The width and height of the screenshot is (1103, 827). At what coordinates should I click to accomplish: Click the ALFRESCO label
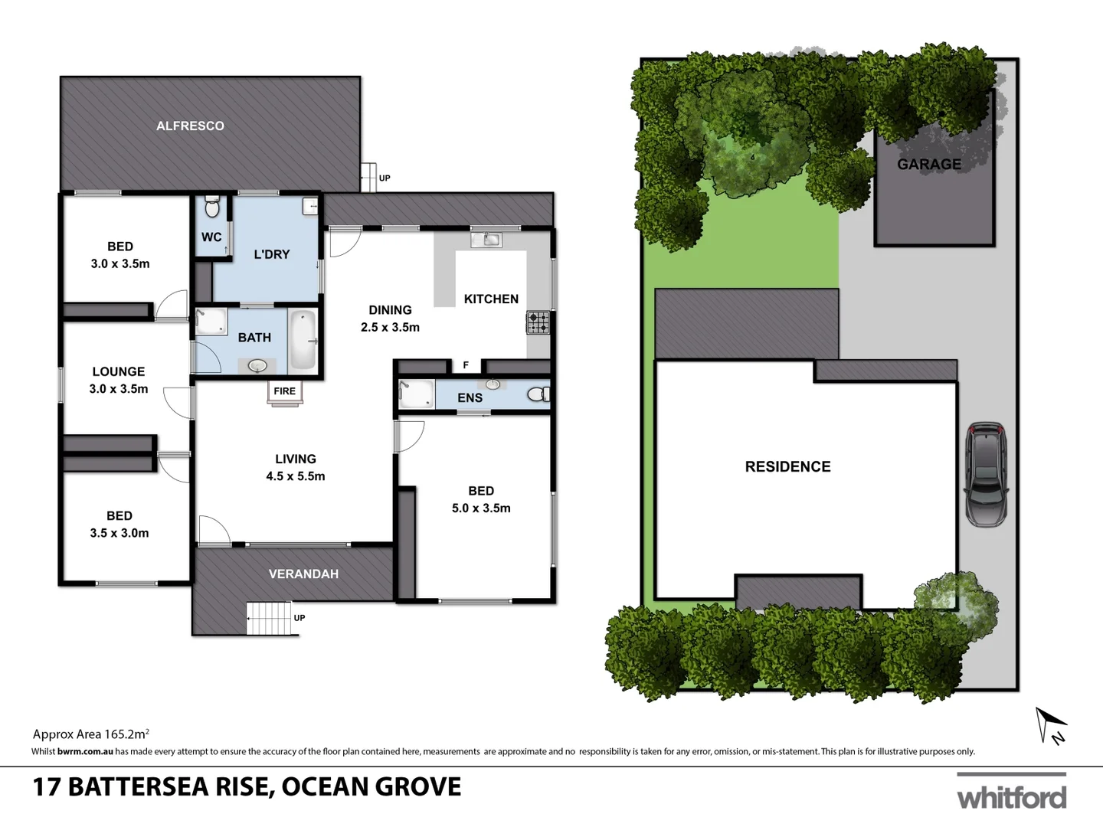[x=190, y=126]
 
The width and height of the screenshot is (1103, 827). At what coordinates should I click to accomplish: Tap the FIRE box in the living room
[x=284, y=391]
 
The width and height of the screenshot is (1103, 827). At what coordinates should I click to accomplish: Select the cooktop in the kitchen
[x=538, y=322]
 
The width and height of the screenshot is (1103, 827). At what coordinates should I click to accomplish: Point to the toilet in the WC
[x=212, y=208]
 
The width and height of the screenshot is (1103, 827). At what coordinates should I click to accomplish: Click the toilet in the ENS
[x=538, y=394]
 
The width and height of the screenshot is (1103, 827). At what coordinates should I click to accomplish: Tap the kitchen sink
[x=486, y=240]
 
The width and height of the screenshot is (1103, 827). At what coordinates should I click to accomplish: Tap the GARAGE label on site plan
[x=928, y=165]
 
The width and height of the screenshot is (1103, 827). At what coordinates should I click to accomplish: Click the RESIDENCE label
[x=787, y=466]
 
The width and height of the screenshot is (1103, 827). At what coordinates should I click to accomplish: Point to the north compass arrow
[x=1050, y=724]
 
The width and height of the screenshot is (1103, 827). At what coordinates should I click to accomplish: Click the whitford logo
[x=1011, y=797]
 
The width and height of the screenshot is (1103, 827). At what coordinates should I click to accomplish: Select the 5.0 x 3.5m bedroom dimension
[x=481, y=508]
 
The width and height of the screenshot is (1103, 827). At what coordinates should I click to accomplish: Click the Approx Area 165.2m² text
[x=90, y=734]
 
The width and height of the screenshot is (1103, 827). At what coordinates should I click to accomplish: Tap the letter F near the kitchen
[x=466, y=365]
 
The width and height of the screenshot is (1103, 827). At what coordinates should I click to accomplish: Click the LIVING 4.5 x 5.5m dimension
[x=295, y=476]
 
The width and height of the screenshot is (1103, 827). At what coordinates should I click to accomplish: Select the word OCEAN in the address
[x=328, y=787]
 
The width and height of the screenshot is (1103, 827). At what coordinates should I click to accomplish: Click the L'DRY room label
[x=272, y=254]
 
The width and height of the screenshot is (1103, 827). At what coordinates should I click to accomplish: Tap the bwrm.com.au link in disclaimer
[x=85, y=751]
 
